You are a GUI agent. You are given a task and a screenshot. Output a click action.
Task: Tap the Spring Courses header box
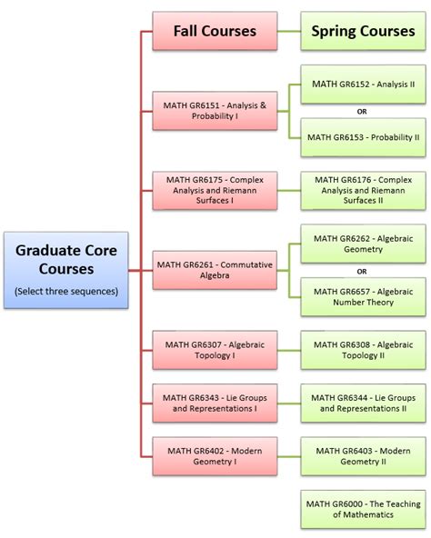tap(363, 31)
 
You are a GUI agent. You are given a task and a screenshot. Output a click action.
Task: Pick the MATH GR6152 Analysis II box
tap(363, 85)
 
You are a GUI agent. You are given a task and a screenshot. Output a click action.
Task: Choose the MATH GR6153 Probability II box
tap(363, 137)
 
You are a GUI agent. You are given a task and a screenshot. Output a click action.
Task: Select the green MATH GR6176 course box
tap(363, 191)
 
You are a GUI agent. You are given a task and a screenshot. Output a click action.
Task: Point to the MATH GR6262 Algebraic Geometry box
tap(363, 244)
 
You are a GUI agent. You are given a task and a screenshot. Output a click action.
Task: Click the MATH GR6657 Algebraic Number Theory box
tap(363, 296)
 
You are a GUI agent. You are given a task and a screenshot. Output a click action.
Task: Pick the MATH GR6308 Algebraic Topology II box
tap(363, 350)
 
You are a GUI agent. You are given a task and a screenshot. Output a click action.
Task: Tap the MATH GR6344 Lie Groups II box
tap(363, 403)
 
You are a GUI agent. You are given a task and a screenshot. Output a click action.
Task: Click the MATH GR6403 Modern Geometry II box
tap(363, 456)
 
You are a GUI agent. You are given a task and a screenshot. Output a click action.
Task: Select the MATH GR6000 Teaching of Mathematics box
tap(363, 509)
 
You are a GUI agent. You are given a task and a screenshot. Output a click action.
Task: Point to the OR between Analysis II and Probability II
tap(362, 112)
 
